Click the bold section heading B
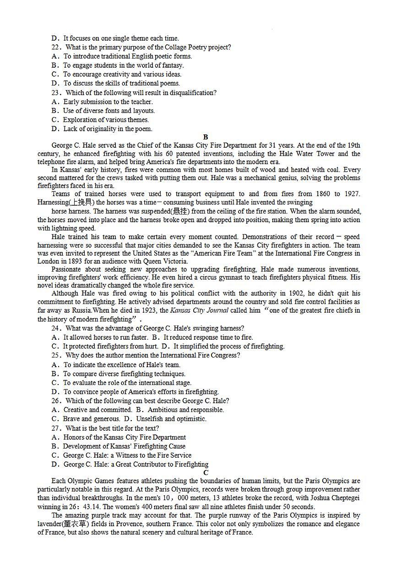pos(206,137)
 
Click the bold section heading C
pos(206,473)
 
